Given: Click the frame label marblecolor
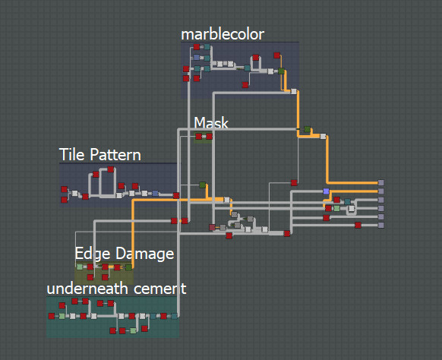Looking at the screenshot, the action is pyautogui.click(x=223, y=35).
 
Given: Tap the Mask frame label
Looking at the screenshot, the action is pyautogui.click(x=211, y=123).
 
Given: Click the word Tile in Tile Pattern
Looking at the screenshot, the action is pyautogui.click(x=72, y=154).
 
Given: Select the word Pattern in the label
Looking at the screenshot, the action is pyautogui.click(x=115, y=155).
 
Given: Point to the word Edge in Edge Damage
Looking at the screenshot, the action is pyautogui.click(x=93, y=254).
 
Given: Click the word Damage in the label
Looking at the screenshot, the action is pyautogui.click(x=145, y=254).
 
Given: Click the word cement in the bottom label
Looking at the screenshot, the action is pyautogui.click(x=159, y=289).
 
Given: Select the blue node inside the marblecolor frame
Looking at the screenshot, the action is pyautogui.click(x=197, y=58).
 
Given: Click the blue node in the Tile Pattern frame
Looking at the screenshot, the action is pyautogui.click(x=156, y=194).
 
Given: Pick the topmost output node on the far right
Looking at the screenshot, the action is pyautogui.click(x=380, y=183).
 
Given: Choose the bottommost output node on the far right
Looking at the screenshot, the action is pyautogui.click(x=380, y=225).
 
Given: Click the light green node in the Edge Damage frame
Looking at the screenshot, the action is pyautogui.click(x=80, y=267).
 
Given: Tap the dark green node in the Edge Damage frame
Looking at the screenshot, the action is pyautogui.click(x=128, y=267).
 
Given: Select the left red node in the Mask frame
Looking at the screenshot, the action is pyautogui.click(x=199, y=137).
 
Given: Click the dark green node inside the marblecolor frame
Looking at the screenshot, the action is pyautogui.click(x=281, y=71).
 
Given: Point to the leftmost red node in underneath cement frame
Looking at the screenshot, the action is pyautogui.click(x=52, y=316).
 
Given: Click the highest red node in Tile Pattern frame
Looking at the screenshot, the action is pyautogui.click(x=111, y=169).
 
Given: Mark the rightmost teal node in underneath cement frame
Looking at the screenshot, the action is pyautogui.click(x=174, y=316).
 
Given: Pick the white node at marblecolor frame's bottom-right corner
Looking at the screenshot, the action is pyautogui.click(x=294, y=91).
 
